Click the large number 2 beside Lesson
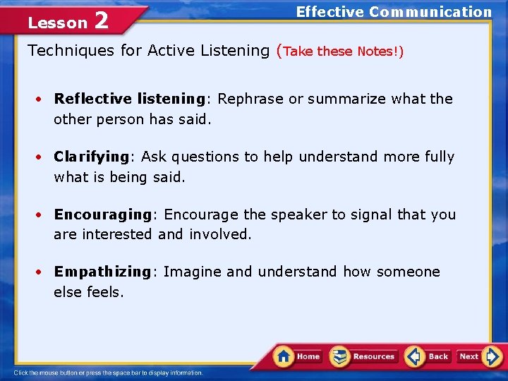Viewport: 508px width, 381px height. click(x=101, y=21)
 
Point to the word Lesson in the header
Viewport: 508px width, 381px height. click(x=57, y=23)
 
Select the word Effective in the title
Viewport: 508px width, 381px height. click(x=329, y=11)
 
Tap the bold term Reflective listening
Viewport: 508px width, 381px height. click(x=129, y=99)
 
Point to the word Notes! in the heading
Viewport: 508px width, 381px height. click(x=380, y=52)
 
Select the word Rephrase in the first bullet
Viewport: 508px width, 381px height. click(x=251, y=99)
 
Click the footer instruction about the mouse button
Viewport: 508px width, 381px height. click(x=108, y=373)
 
